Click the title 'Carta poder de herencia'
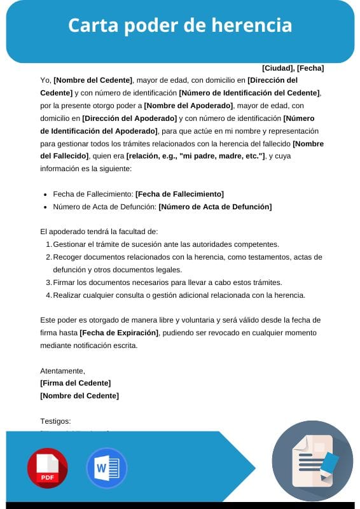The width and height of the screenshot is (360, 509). tap(180, 25)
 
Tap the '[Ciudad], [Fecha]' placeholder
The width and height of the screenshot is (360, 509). tap(293, 68)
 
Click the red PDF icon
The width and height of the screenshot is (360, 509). tap(47, 468)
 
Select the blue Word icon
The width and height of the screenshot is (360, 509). tap(106, 468)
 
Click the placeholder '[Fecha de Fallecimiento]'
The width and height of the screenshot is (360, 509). tap(179, 194)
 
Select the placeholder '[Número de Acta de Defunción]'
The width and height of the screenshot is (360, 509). tap(215, 207)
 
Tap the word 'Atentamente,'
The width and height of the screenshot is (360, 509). tap(62, 370)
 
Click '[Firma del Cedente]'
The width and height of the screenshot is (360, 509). tap(75, 383)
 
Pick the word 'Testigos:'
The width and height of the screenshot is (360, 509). tap(55, 421)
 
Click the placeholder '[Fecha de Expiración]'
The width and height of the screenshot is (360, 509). tap(120, 333)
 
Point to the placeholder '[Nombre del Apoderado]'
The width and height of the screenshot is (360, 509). tap(189, 106)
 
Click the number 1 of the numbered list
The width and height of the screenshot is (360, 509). tap(48, 244)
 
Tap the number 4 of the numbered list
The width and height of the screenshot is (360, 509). tap(48, 295)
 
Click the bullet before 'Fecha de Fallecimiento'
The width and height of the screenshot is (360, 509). tap(45, 194)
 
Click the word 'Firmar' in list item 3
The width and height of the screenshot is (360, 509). tap(65, 282)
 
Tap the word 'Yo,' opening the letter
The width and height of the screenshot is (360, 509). tap(45, 81)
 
